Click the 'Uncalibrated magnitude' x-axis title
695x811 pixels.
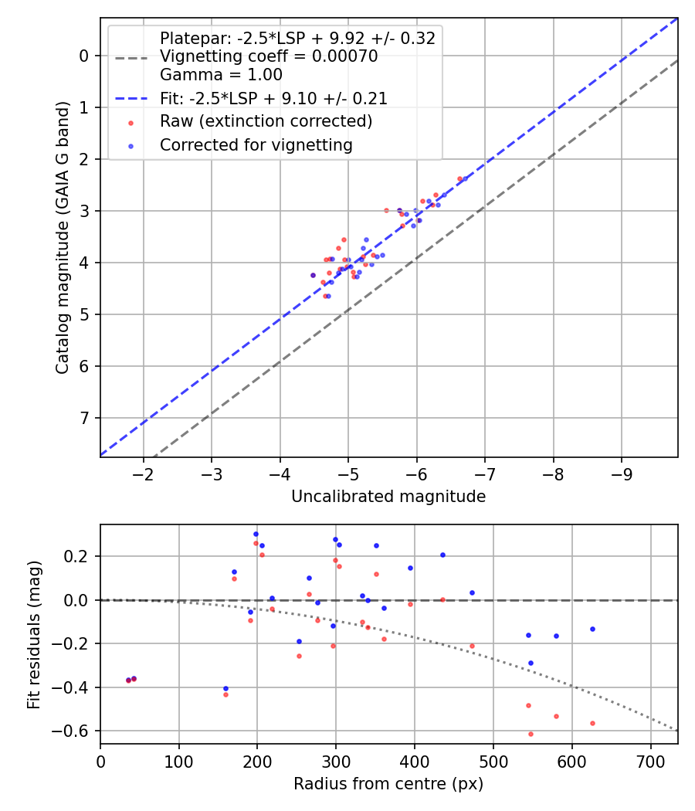388,497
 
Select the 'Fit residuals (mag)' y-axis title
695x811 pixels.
33,633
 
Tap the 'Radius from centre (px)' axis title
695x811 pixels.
388,783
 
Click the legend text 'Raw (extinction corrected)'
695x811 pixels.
266,121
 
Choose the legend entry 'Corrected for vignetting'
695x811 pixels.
256,144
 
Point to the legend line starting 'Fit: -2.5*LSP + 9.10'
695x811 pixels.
273,98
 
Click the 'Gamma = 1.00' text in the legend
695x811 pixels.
221,75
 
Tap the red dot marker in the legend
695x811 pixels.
131,122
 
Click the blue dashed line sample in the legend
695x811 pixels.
131,99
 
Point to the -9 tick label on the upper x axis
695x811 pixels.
622,473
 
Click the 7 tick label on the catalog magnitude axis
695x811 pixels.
84,418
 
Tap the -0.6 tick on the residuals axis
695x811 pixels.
77,731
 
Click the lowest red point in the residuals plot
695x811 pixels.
531,734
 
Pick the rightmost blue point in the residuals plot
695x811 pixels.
592,629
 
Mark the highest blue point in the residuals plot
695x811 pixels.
256,534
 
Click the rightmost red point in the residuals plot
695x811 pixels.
592,723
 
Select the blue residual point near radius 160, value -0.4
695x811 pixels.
225,688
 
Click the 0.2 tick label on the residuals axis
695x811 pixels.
81,556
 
